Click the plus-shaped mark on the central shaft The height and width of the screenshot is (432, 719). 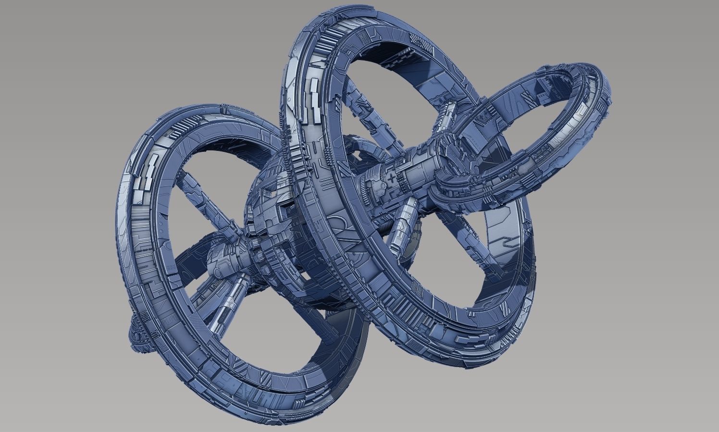click(x=394, y=178)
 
